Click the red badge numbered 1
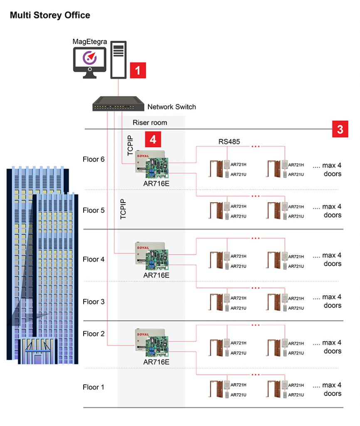point(138,70)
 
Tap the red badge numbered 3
point(340,129)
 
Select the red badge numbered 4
point(153,139)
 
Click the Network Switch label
point(171,107)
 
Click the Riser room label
point(150,122)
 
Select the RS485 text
point(229,142)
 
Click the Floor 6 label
point(94,159)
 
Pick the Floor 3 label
point(94,302)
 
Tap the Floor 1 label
point(94,387)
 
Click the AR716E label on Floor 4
point(156,275)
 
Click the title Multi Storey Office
point(50,15)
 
